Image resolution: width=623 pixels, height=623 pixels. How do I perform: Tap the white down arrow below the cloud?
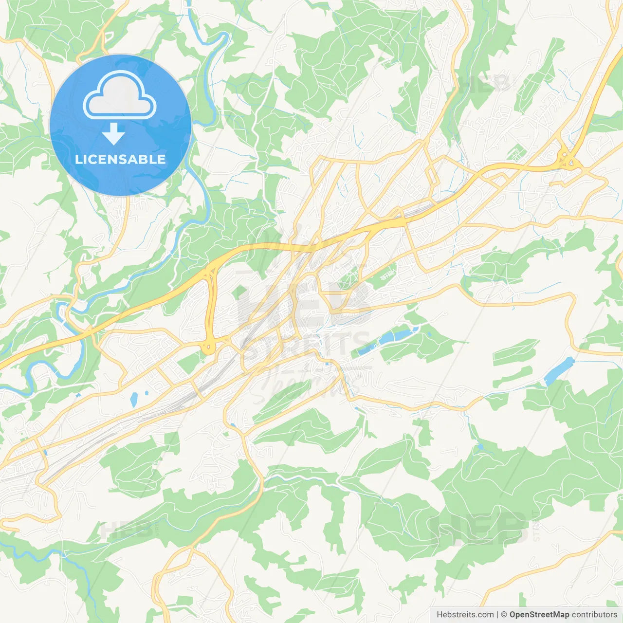pos(113,134)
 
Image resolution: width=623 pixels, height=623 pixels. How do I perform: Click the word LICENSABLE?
pos(120,159)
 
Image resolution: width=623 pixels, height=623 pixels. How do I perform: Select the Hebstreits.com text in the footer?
pos(465,615)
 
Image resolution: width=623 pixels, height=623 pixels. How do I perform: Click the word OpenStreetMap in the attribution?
pos(539,615)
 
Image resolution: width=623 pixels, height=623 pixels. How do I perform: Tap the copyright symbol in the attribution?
pos(504,615)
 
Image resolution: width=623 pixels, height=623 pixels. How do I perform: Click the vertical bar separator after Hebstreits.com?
pos(498,615)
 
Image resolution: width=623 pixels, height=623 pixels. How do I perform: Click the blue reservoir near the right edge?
pos(559,371)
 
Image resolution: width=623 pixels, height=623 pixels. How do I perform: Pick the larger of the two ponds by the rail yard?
pos(134,400)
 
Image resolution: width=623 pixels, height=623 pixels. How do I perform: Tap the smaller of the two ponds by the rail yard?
pos(146,393)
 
